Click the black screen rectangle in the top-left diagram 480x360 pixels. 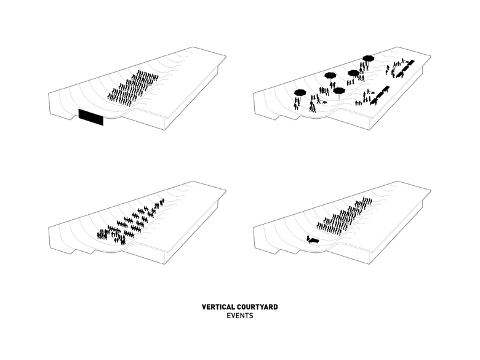(x=90, y=117)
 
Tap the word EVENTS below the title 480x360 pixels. (x=239, y=316)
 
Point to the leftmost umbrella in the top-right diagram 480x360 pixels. (x=300, y=93)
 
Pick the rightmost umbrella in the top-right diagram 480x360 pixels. (x=368, y=58)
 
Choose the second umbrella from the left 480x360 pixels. (x=330, y=76)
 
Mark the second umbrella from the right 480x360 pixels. (x=353, y=73)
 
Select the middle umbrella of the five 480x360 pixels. (x=338, y=90)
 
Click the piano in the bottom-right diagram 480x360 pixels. (x=312, y=240)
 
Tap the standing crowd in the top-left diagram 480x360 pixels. (x=133, y=87)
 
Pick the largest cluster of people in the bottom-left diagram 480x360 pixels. (x=112, y=233)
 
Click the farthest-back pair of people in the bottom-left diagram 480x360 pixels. (x=161, y=202)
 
